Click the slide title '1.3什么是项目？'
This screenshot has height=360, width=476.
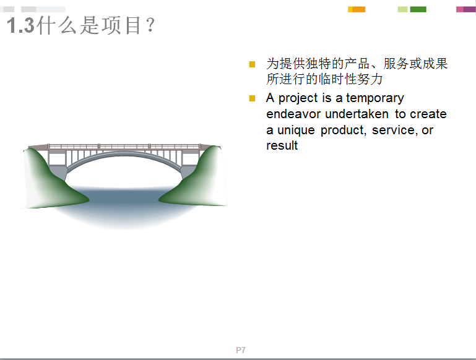pyautogui.click(x=80, y=25)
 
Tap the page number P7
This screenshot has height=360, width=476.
pyautogui.click(x=241, y=350)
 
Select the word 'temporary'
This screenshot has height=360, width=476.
pyautogui.click(x=375, y=98)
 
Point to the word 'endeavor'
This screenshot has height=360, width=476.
pyautogui.click(x=293, y=114)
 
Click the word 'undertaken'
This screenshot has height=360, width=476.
pyautogui.click(x=357, y=114)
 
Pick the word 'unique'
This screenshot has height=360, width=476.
pyautogui.click(x=296, y=131)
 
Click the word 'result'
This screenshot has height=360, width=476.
pyautogui.click(x=282, y=145)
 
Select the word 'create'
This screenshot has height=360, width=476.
pyautogui.click(x=428, y=114)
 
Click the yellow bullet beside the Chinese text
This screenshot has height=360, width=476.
pyautogui.click(x=252, y=64)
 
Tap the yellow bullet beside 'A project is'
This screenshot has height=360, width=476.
pyautogui.click(x=252, y=98)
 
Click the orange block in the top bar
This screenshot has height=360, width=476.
pyautogui.click(x=358, y=9)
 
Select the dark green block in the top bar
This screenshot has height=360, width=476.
pyautogui.click(x=418, y=9)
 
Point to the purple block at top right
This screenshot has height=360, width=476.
pyautogui.click(x=469, y=9)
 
